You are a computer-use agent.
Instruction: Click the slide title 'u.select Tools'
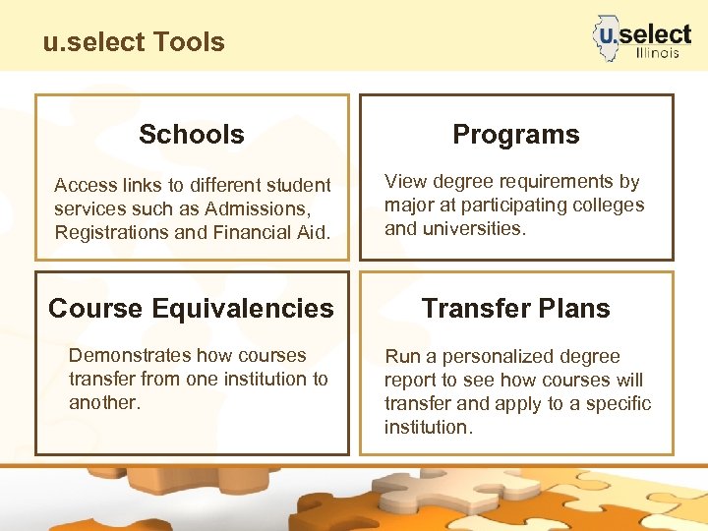click(x=134, y=42)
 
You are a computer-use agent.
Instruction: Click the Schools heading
click(x=192, y=135)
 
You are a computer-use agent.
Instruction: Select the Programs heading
click(x=515, y=135)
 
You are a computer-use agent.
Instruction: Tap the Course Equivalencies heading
click(x=192, y=309)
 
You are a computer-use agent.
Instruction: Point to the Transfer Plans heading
click(x=515, y=309)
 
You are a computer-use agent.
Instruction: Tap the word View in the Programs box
click(x=404, y=182)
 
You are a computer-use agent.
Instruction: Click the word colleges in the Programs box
click(x=609, y=206)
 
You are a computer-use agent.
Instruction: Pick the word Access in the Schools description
click(x=85, y=186)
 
